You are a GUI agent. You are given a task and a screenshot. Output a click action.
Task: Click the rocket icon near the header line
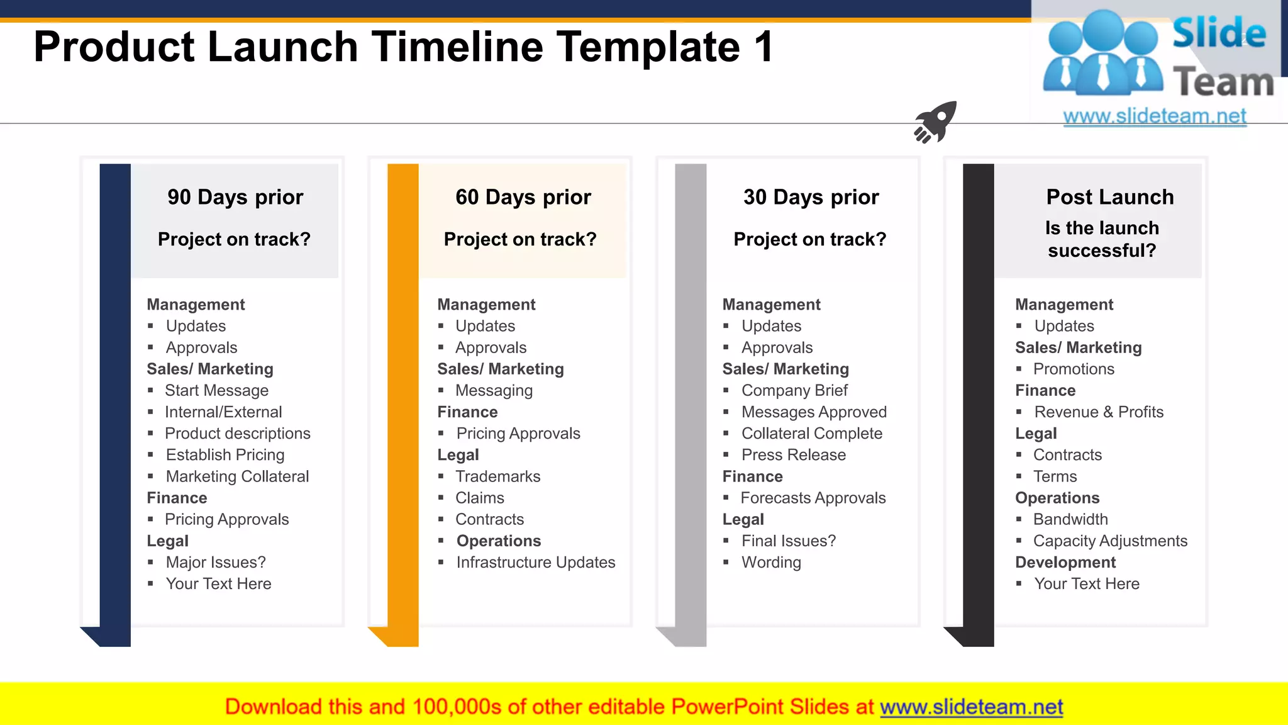pos(935,121)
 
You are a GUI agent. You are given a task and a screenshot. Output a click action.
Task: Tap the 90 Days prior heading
pos(235,197)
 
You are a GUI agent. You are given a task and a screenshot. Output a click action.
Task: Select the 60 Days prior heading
pos(523,197)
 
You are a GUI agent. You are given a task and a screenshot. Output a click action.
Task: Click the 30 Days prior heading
pos(811,197)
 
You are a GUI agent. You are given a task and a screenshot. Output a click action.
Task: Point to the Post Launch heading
pos(1109,197)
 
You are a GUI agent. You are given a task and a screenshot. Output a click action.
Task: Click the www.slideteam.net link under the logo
pos(1154,116)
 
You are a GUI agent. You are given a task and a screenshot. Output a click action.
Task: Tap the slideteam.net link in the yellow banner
pos(971,707)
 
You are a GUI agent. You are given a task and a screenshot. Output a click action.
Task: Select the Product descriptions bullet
pos(237,434)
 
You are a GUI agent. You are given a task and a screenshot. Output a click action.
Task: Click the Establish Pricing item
pos(225,455)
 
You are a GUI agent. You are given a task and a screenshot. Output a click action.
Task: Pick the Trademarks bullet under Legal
pos(497,476)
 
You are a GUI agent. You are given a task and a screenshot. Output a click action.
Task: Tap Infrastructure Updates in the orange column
pos(535,562)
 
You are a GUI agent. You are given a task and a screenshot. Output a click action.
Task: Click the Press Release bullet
pos(793,455)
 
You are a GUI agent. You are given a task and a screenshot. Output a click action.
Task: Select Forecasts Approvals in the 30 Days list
pos(813,498)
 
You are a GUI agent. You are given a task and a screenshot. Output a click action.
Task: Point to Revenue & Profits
pos(1099,412)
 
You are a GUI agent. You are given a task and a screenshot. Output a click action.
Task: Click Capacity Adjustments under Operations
pos(1110,541)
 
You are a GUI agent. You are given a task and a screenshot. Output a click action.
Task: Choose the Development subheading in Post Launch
pos(1065,562)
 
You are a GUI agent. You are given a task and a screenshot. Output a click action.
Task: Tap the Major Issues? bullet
pos(215,562)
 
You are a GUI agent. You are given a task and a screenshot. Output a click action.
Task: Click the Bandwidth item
pos(1070,519)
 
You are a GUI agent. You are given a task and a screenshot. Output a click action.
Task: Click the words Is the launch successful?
pos(1102,239)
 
